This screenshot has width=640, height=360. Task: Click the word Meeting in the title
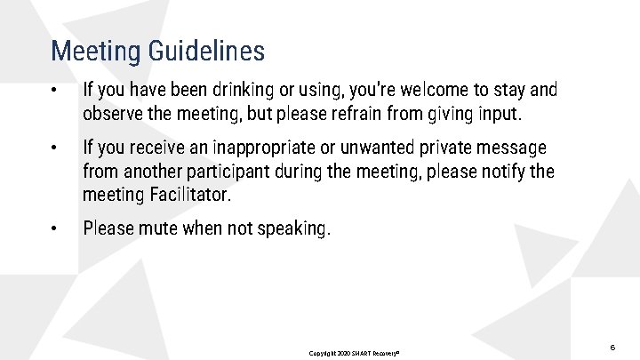coord(94,51)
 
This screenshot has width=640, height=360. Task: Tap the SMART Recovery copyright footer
coord(354,353)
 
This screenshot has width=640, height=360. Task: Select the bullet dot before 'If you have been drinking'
coord(55,91)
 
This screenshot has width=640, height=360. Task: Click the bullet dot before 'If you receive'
coord(55,148)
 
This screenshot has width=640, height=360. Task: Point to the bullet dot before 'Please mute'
coord(55,229)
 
